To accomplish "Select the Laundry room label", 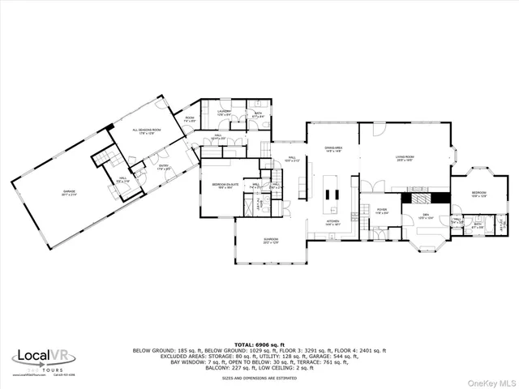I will pyautogui.click(x=225, y=113).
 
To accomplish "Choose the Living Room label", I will pyautogui.click(x=405, y=159).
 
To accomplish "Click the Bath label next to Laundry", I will pyautogui.click(x=258, y=115).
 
